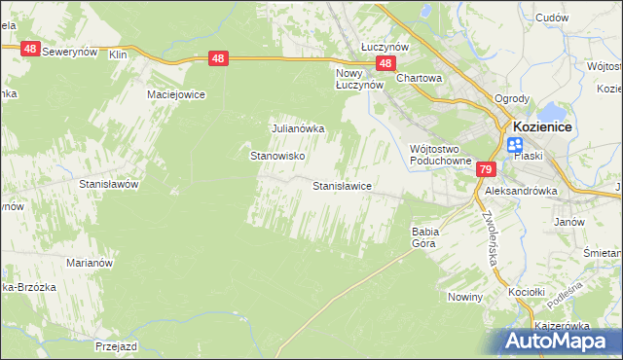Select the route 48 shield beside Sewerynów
click(x=29, y=49)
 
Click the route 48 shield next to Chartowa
click(x=386, y=64)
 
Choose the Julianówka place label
click(x=297, y=127)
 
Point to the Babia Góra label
click(x=425, y=236)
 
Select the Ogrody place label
click(x=511, y=98)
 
